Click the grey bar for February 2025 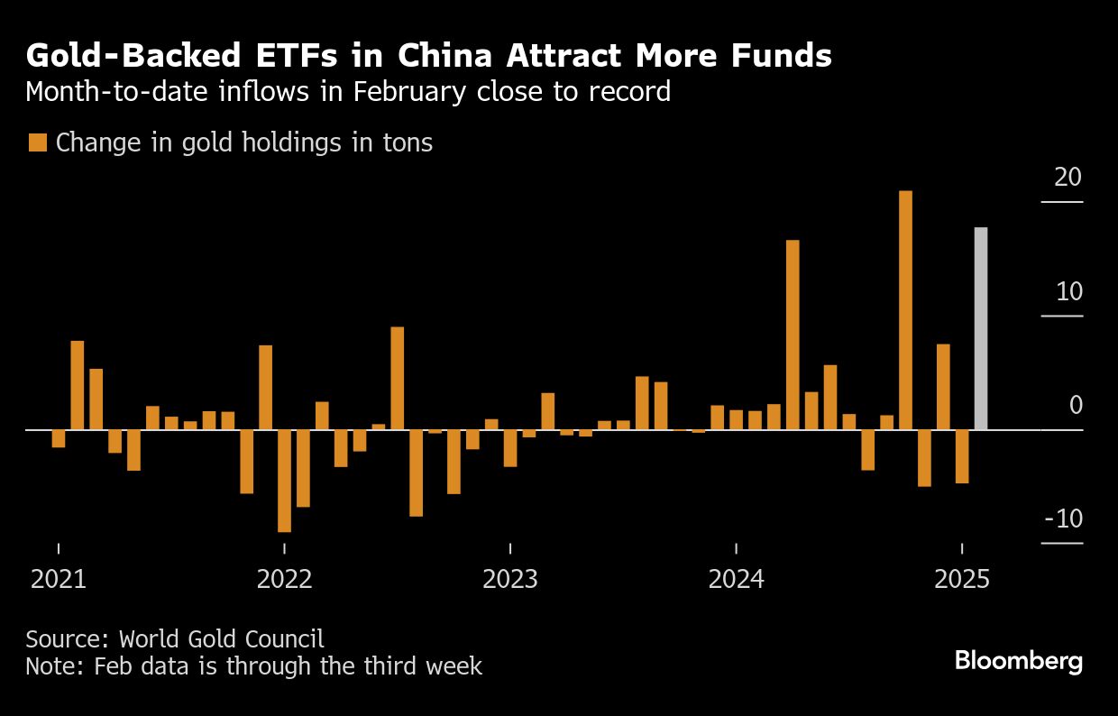[x=981, y=328]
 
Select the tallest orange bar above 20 [x=905, y=310]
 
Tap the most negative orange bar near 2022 [x=284, y=481]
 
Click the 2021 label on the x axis [x=59, y=578]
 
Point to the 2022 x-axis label [x=284, y=578]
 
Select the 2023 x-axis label [x=510, y=578]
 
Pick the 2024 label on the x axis [x=737, y=578]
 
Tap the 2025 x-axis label [x=962, y=578]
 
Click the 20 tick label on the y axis [x=1068, y=178]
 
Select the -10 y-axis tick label [x=1062, y=519]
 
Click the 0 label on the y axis [x=1076, y=406]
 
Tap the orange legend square [x=38, y=142]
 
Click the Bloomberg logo [x=1019, y=660]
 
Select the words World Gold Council [x=222, y=639]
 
